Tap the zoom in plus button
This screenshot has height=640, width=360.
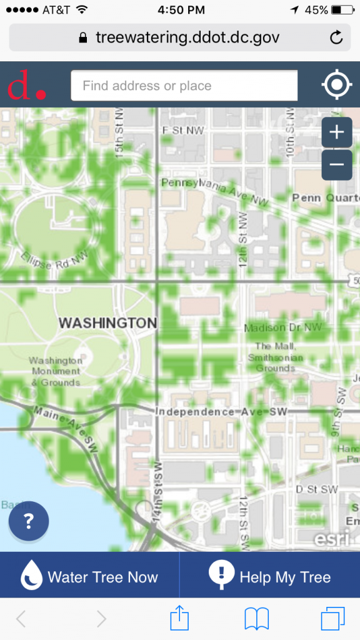click(x=336, y=132)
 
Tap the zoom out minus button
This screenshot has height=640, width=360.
click(x=336, y=164)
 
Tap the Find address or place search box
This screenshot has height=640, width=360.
click(x=184, y=86)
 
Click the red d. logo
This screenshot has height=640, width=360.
click(x=27, y=86)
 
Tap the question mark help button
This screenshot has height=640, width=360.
click(x=29, y=521)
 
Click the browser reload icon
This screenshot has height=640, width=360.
click(x=336, y=37)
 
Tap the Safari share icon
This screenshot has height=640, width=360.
click(x=179, y=619)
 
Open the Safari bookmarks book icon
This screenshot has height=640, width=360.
click(x=256, y=619)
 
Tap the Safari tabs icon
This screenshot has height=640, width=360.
click(x=332, y=619)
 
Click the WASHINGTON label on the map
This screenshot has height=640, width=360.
click(x=107, y=323)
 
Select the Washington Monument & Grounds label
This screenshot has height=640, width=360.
click(x=56, y=371)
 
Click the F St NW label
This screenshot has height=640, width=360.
click(x=182, y=131)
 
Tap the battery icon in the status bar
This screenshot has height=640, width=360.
click(x=342, y=10)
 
